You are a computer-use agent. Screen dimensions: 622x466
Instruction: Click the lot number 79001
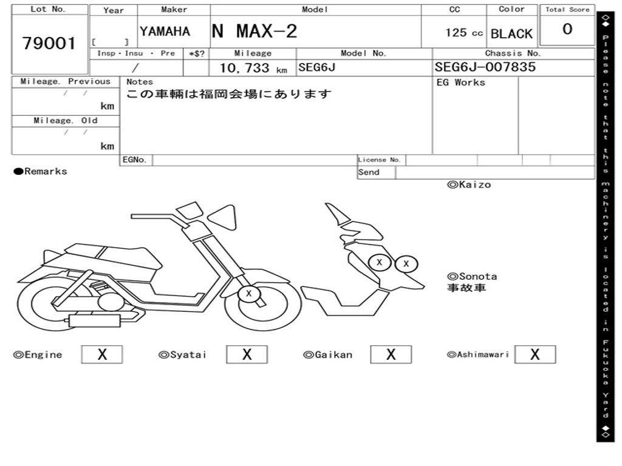[x=49, y=44]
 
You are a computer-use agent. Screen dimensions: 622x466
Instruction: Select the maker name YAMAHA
[x=165, y=32]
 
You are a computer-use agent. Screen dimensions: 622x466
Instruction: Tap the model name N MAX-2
[x=255, y=31]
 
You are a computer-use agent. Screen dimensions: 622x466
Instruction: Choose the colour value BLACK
[x=511, y=34]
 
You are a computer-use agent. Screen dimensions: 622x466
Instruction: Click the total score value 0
[x=567, y=30]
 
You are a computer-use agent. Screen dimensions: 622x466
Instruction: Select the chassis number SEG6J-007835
[x=485, y=67]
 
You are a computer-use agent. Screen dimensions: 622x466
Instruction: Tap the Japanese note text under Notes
[x=229, y=94]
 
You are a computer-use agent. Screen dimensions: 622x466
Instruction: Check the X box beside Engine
[x=102, y=355]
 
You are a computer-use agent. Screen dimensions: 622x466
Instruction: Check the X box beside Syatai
[x=247, y=355]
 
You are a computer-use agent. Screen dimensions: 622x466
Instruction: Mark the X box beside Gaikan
[x=391, y=355]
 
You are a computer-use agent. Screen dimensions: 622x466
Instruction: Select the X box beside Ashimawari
[x=535, y=355]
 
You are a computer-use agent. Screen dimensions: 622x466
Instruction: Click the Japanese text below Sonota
[x=466, y=288]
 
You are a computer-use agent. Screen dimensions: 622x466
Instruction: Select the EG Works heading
[x=461, y=83]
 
